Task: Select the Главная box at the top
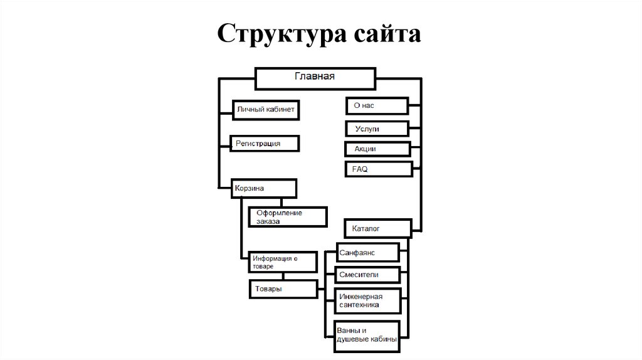[315, 78]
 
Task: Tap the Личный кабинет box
[263, 110]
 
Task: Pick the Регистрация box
[264, 144]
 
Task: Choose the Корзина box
[263, 188]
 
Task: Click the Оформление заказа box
[288, 217]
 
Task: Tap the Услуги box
[377, 129]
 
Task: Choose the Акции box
[377, 149]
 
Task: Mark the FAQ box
[379, 169]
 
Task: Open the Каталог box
[377, 228]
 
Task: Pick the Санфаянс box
[367, 252]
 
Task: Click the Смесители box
[367, 275]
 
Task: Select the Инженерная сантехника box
[367, 300]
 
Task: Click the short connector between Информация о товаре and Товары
[283, 277]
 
